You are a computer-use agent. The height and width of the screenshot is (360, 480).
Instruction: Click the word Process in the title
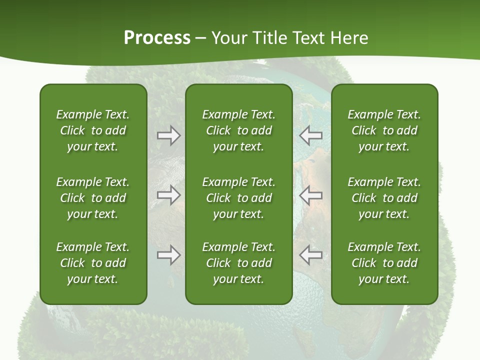pyautogui.click(x=157, y=38)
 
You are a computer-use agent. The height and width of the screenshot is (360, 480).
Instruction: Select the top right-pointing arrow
pyautogui.click(x=168, y=135)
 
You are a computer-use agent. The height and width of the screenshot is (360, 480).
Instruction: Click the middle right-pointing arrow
pyautogui.click(x=168, y=195)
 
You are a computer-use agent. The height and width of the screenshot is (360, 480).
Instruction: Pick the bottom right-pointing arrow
pyautogui.click(x=168, y=255)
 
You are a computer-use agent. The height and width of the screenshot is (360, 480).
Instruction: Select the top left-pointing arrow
pyautogui.click(x=310, y=135)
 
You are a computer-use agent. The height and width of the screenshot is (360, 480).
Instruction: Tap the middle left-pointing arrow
pyautogui.click(x=310, y=195)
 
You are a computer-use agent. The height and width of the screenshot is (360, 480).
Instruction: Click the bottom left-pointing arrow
pyautogui.click(x=310, y=255)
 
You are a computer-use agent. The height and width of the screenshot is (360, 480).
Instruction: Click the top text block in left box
pyautogui.click(x=93, y=130)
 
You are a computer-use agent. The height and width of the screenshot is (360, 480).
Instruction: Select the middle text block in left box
pyautogui.click(x=93, y=198)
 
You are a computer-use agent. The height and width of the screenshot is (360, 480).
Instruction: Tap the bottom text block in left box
pyautogui.click(x=93, y=263)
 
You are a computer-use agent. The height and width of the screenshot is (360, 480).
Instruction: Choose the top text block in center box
pyautogui.click(x=238, y=130)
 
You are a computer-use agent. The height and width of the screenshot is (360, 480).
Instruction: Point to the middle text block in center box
pyautogui.click(x=238, y=198)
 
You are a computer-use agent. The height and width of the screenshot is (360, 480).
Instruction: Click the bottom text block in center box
pyautogui.click(x=238, y=263)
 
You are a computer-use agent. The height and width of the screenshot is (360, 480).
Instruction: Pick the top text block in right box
pyautogui.click(x=384, y=130)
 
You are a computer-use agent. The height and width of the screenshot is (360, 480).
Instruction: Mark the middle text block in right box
pyautogui.click(x=384, y=198)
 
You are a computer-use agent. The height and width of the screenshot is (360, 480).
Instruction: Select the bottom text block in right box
pyautogui.click(x=384, y=263)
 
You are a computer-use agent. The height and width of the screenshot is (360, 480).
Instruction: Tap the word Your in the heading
pyautogui.click(x=228, y=38)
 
